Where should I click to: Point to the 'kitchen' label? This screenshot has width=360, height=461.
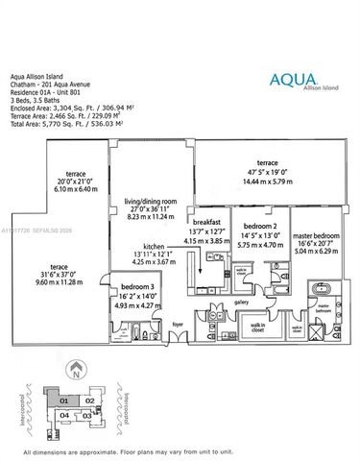tap(155, 246)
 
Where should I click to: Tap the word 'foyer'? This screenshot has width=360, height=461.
tap(178, 325)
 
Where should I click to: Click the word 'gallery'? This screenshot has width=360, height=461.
tap(241, 303)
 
